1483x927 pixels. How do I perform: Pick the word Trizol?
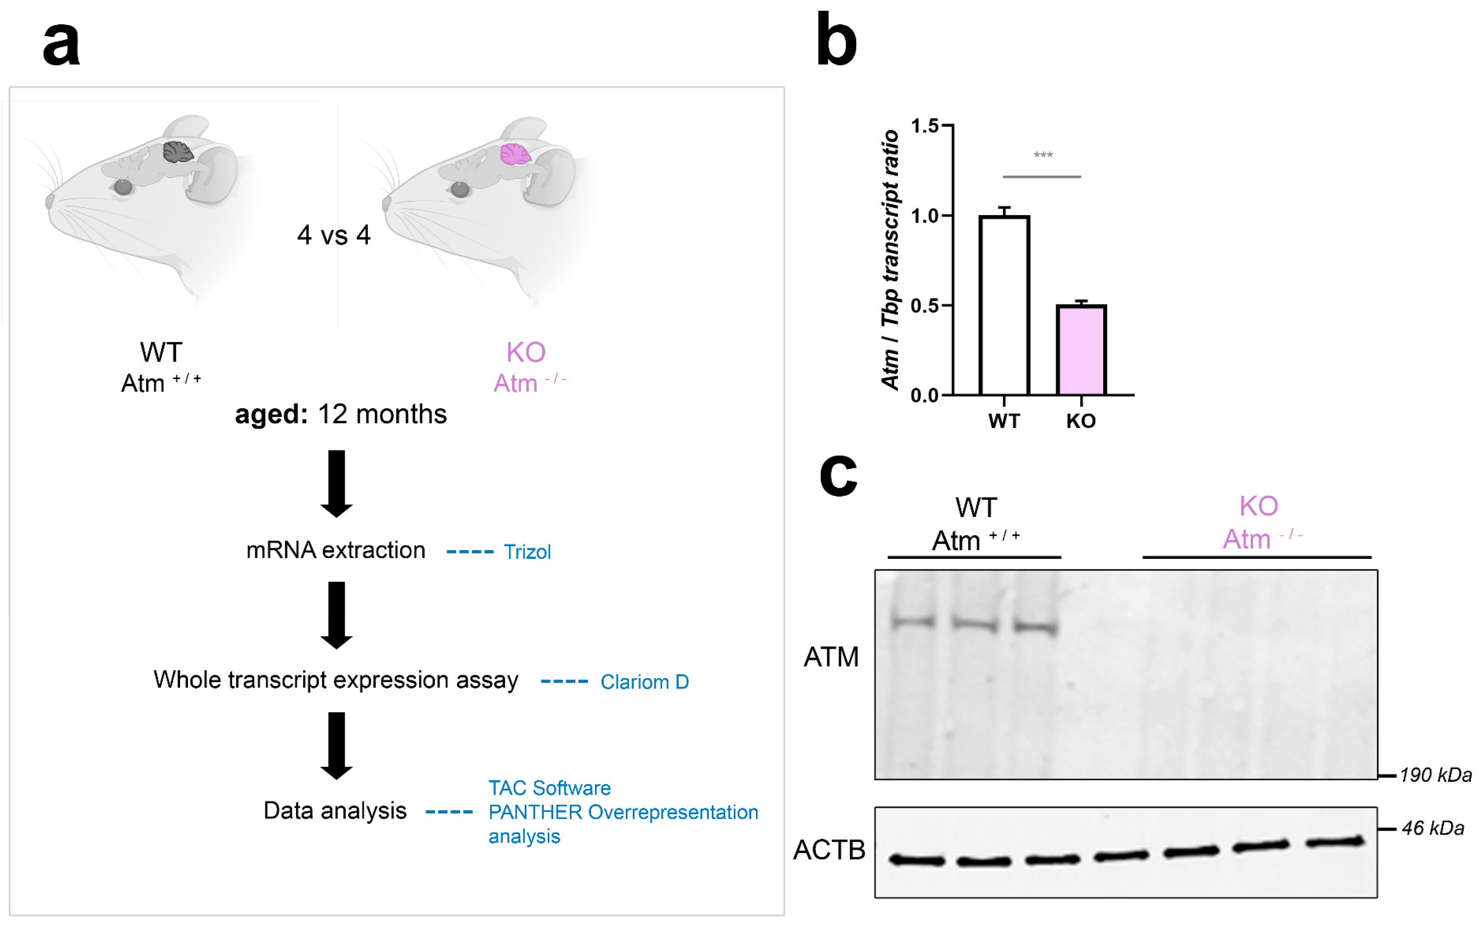coord(527,552)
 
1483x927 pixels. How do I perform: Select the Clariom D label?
coord(644,682)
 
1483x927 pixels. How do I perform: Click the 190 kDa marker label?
coord(1435,775)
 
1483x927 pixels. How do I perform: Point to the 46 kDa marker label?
coord(1433,828)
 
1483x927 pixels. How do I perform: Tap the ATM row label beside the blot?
coord(831,657)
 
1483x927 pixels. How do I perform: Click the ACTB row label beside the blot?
coord(829,850)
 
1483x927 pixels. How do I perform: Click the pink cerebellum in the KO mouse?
coord(515,154)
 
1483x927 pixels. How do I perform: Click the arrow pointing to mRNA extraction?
coord(336,483)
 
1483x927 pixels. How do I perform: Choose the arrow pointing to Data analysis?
coord(336,745)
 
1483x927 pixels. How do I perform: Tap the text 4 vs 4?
coord(334,235)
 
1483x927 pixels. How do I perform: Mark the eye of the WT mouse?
coord(123,187)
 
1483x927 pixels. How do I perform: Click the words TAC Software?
coord(549,788)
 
